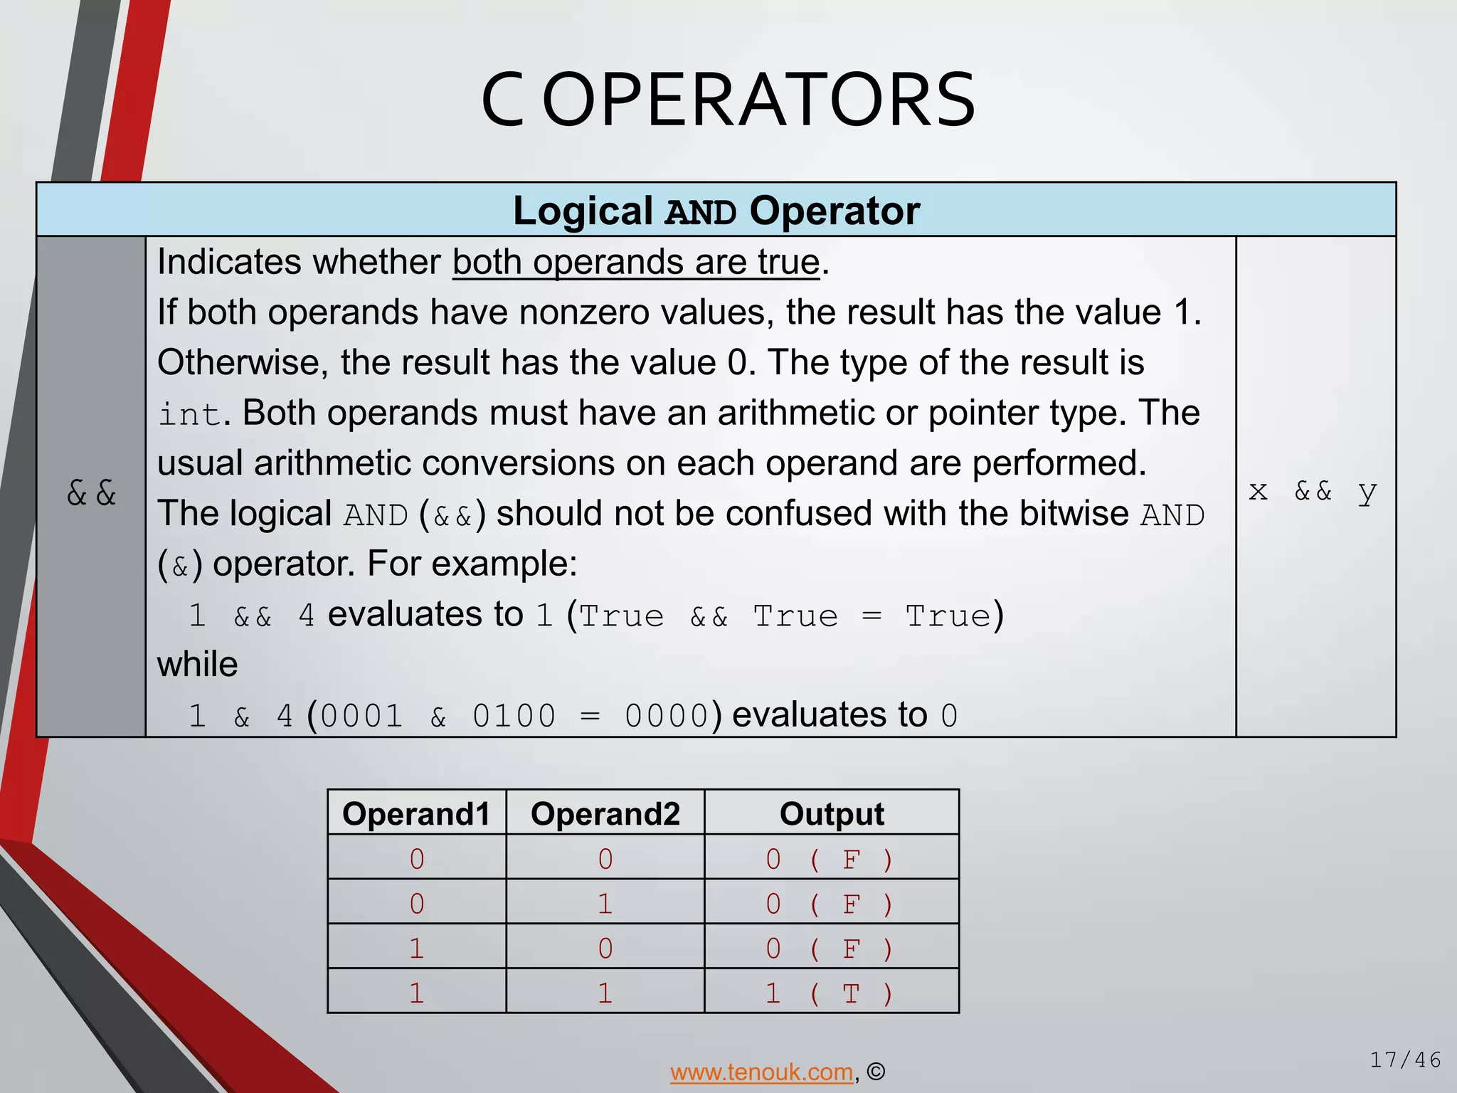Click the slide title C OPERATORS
tap(728, 101)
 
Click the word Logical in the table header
tap(583, 211)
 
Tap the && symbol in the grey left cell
tap(91, 492)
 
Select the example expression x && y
tap(1313, 491)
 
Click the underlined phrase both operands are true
tap(636, 263)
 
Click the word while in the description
tap(197, 665)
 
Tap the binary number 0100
tap(514, 716)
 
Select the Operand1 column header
tap(416, 813)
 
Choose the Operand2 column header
tap(605, 813)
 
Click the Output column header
tap(831, 813)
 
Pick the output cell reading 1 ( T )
tap(830, 993)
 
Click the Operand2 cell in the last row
tap(605, 993)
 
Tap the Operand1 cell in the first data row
tap(417, 860)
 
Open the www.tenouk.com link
tap(761, 1072)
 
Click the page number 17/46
tap(1405, 1060)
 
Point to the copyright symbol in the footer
tap(876, 1072)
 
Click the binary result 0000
tap(666, 716)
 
